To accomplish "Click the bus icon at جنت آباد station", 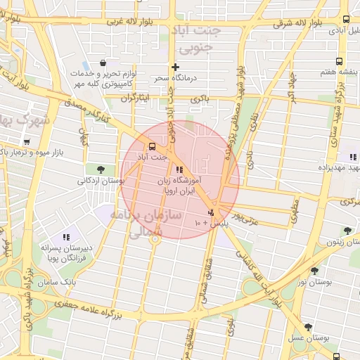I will point(150,147).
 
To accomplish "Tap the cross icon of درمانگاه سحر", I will point(174,67).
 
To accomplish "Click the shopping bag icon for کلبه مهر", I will point(104,62).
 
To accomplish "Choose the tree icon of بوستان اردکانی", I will point(101,169).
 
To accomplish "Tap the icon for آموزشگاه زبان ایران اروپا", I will point(179,169).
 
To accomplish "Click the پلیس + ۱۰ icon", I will point(210,212).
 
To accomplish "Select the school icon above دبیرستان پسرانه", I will point(66,238).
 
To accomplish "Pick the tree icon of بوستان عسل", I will point(308,327).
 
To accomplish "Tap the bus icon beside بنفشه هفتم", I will point(340,61).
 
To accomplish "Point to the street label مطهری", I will point(295,206).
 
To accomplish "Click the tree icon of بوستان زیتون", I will point(346,231).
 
